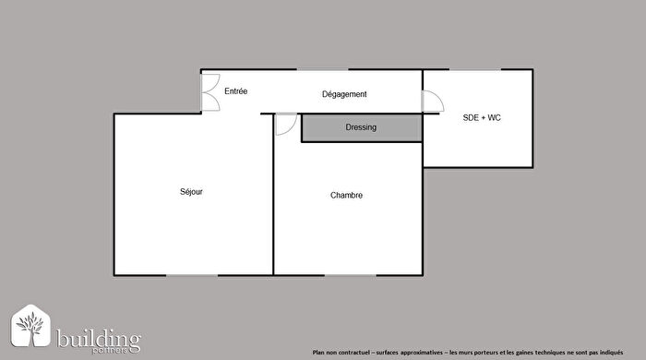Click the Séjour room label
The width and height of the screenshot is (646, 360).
pyautogui.click(x=191, y=192)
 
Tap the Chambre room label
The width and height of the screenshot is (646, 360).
pyautogui.click(x=347, y=195)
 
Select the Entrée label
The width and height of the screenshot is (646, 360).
pyautogui.click(x=235, y=90)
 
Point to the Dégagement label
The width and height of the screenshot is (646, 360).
pyautogui.click(x=344, y=94)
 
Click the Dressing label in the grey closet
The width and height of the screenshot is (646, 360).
pyautogui.click(x=361, y=127)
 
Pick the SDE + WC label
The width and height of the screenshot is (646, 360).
pyautogui.click(x=481, y=118)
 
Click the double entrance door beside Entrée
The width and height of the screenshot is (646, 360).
pyautogui.click(x=210, y=92)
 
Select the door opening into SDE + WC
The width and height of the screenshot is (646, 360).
pyautogui.click(x=432, y=102)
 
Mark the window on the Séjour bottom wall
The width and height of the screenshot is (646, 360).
pyautogui.click(x=192, y=275)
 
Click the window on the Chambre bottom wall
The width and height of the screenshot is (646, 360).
pyautogui.click(x=351, y=275)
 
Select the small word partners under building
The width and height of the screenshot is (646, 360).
pyautogui.click(x=125, y=350)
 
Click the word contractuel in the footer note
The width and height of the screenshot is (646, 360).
pyautogui.click(x=354, y=351)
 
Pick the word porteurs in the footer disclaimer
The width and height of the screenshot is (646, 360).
pyautogui.click(x=494, y=351)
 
